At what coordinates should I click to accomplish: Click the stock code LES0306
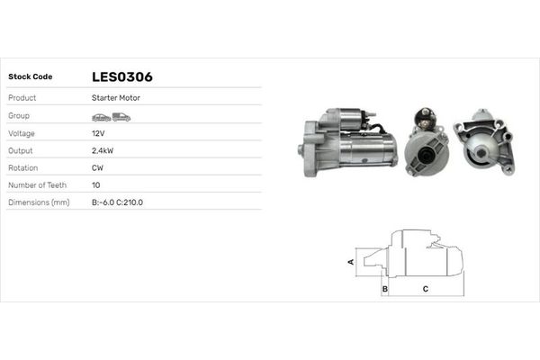(121, 76)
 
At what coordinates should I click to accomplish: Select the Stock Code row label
(30, 76)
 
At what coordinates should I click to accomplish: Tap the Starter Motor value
(116, 97)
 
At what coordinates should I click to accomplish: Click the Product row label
(22, 97)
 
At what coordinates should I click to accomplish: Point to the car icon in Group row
(101, 117)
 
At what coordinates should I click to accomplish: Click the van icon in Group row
(121, 117)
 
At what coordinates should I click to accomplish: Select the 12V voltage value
(98, 132)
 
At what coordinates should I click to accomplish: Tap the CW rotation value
(97, 167)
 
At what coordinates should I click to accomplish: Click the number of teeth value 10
(96, 184)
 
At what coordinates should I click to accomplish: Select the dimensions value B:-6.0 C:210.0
(117, 202)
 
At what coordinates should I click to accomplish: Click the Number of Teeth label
(38, 184)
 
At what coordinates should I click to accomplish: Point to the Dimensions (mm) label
(39, 202)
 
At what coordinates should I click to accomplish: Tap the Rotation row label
(23, 167)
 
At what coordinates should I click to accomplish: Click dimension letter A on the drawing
(352, 261)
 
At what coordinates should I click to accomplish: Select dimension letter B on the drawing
(384, 289)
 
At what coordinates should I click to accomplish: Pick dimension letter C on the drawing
(425, 289)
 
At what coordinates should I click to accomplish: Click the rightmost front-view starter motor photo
(483, 144)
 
